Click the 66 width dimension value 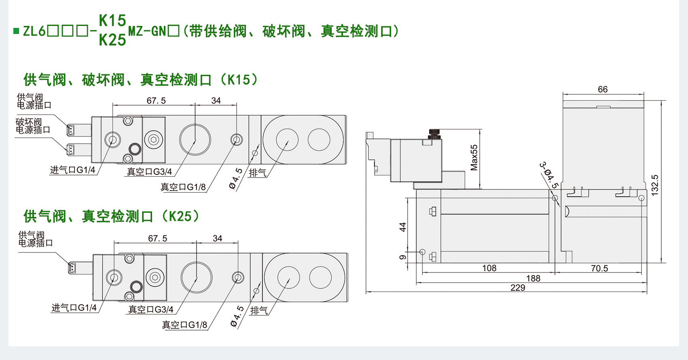[x=603, y=89]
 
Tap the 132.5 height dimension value [x=655, y=185]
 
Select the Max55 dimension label [x=474, y=158]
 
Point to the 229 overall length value [x=518, y=288]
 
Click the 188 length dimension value [x=533, y=278]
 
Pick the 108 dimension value [x=489, y=268]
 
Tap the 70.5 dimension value [x=599, y=269]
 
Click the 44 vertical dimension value [x=402, y=227]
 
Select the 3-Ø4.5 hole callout [x=549, y=175]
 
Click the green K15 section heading [x=140, y=80]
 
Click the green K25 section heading [x=111, y=216]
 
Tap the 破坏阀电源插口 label [x=33, y=126]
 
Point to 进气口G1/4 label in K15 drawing [x=72, y=170]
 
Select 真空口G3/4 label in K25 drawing [x=150, y=309]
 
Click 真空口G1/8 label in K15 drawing [x=183, y=187]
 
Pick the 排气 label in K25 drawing [x=259, y=310]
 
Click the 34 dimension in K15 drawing [x=216, y=101]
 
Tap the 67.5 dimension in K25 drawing [x=157, y=239]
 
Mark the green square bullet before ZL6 [x=16, y=31]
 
